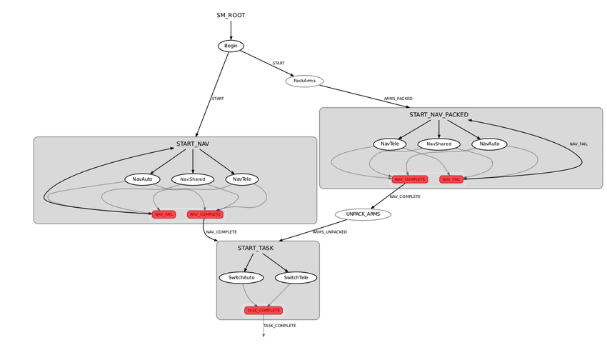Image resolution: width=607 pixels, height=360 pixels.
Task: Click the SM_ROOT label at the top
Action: coord(231,15)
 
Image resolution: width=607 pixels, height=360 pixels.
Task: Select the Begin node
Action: coord(231,46)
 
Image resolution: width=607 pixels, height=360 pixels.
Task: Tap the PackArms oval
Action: coord(305,81)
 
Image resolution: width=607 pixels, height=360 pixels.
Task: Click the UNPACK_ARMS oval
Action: coord(363,214)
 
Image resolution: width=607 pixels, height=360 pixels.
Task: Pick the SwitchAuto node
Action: coord(241,277)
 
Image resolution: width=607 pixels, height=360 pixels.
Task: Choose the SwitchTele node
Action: coord(296,277)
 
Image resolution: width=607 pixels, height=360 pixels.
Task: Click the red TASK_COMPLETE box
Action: coord(264,310)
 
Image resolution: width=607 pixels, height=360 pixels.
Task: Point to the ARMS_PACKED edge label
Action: coord(398,98)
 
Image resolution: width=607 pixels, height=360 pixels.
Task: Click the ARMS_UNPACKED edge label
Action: coord(330,231)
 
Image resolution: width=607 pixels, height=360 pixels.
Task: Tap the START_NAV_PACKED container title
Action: coord(438,114)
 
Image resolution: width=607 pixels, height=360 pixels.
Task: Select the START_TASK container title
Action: coord(256,248)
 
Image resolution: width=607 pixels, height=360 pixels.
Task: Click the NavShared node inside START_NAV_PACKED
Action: coord(438,144)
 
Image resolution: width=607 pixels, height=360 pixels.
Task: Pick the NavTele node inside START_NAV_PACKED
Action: coord(389,144)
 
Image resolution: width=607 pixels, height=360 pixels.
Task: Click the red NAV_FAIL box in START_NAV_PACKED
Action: coord(451,179)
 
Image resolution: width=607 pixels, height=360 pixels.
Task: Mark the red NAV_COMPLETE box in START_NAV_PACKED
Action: coord(410,179)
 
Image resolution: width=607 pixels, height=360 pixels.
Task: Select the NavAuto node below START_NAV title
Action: coord(143,179)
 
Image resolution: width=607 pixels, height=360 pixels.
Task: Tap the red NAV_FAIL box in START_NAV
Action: coord(164,214)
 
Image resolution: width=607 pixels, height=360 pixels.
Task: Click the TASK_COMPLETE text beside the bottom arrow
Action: coord(280,325)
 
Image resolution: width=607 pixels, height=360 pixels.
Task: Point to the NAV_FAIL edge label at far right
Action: coord(578,144)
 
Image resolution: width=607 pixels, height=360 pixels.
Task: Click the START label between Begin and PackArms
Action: coord(279,64)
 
